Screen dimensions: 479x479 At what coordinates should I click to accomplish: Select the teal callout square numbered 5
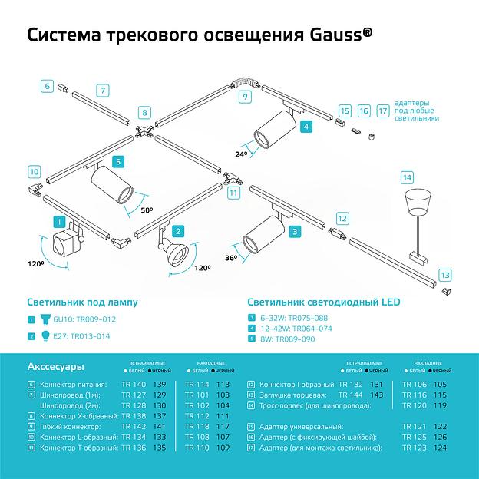coord(117,161)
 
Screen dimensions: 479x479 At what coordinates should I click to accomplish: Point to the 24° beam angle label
coord(242,153)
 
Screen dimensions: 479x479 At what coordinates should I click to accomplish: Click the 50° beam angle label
coord(146,208)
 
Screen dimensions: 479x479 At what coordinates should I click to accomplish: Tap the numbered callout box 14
coord(406,177)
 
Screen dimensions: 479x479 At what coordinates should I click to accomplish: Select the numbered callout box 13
coord(444,274)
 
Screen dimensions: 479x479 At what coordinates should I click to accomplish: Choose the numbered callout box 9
coord(244,96)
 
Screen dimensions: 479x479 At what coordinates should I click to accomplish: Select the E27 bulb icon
coord(45,335)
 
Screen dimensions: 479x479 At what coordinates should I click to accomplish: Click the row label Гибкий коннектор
coord(74,425)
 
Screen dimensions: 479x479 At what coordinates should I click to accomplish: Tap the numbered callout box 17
coord(383,111)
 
